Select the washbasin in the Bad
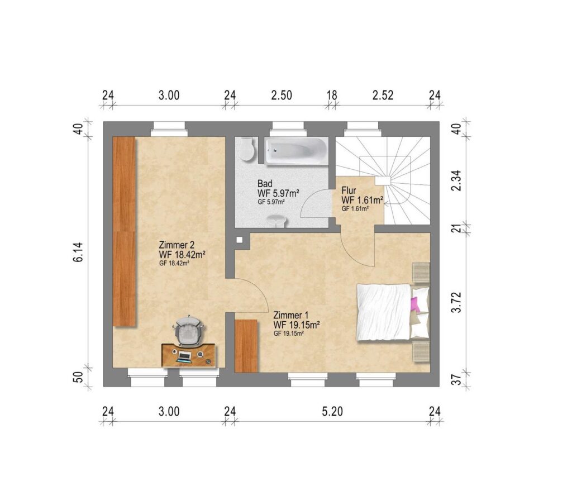click(x=276, y=221)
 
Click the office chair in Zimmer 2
click(x=189, y=331)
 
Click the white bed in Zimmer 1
click(x=393, y=312)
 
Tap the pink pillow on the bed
click(x=415, y=304)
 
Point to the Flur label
click(x=349, y=190)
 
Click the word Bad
click(x=265, y=184)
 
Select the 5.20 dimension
click(x=332, y=412)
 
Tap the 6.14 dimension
click(x=78, y=252)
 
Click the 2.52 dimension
click(x=383, y=95)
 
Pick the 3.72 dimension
click(x=456, y=302)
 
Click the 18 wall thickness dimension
click(x=332, y=95)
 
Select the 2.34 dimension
click(x=456, y=180)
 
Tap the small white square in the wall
click(x=239, y=240)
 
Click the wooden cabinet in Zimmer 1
click(x=246, y=346)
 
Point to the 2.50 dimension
click(x=282, y=95)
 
